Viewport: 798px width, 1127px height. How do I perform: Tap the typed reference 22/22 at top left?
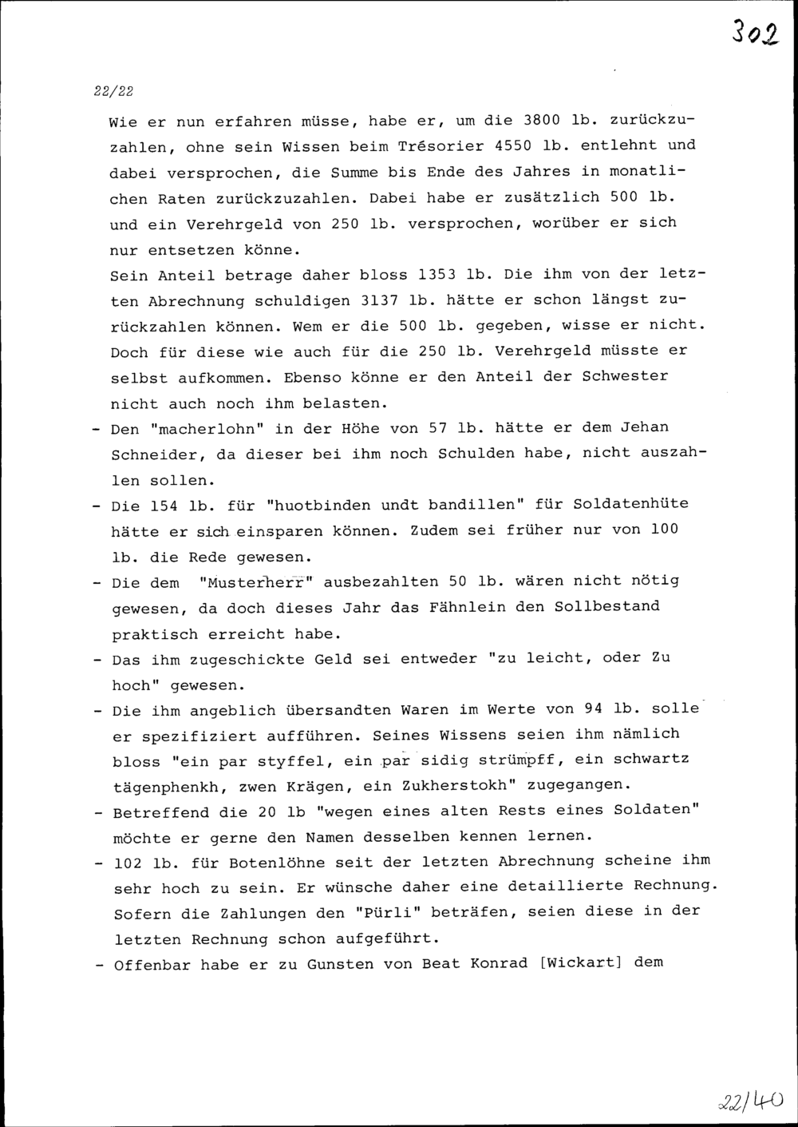pos(113,91)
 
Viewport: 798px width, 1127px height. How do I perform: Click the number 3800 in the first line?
pos(542,121)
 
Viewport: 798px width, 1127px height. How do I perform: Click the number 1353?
pos(437,275)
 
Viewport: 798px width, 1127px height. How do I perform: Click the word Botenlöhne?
pos(278,863)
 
